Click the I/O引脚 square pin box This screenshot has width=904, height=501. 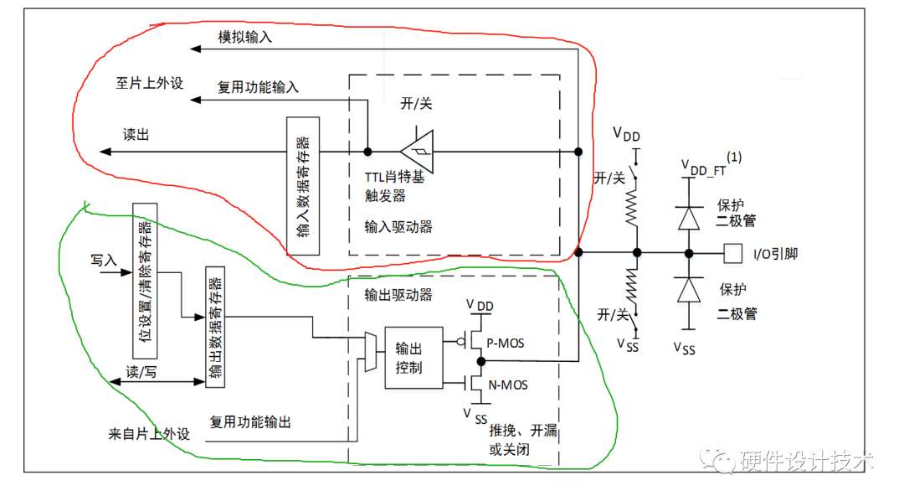pyautogui.click(x=732, y=253)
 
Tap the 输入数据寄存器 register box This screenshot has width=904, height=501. pyautogui.click(x=303, y=186)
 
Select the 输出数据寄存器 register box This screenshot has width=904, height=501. pyautogui.click(x=215, y=327)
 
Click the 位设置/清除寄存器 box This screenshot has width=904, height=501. pyautogui.click(x=145, y=281)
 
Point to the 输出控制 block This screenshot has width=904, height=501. pyautogui.click(x=414, y=358)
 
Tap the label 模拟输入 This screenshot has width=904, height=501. pyautogui.click(x=245, y=38)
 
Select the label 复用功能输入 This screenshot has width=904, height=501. pyautogui.click(x=259, y=87)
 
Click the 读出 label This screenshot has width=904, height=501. pyautogui.click(x=136, y=135)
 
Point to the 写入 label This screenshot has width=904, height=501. pyautogui.click(x=104, y=260)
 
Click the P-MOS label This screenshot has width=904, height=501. pyautogui.click(x=506, y=343)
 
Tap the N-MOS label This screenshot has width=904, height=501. pyautogui.click(x=508, y=385)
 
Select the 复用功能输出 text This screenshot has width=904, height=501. pyautogui.click(x=250, y=422)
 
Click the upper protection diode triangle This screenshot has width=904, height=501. pyautogui.click(x=689, y=218)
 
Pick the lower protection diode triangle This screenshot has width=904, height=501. pyautogui.click(x=689, y=290)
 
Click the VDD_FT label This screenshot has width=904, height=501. pyautogui.click(x=704, y=168)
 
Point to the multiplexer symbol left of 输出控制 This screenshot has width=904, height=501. pyautogui.click(x=371, y=352)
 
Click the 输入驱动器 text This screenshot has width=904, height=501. pyautogui.click(x=398, y=227)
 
